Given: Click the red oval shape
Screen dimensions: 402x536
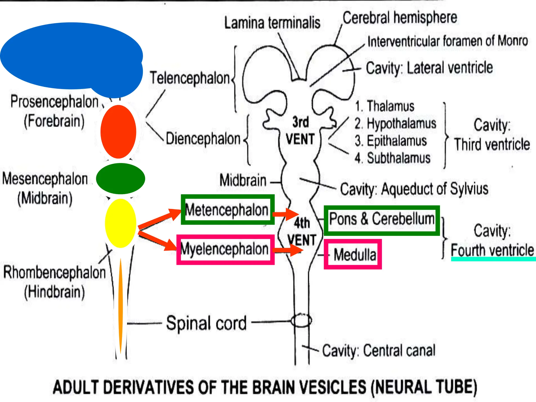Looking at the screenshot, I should point(118,132).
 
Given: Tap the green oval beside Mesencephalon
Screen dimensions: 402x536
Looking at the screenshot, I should point(120,179).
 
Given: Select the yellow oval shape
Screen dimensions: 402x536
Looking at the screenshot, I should point(120,223).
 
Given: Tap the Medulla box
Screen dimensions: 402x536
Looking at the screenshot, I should point(353,254).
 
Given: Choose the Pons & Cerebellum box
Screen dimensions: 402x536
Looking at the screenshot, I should point(382,220).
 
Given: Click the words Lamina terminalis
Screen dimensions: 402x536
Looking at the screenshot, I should point(272,23).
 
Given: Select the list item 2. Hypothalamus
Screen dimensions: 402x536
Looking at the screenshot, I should point(395,123).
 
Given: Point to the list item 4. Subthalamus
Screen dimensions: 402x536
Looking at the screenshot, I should point(393,158).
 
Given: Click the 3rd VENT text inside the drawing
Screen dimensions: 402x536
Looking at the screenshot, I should point(300,130).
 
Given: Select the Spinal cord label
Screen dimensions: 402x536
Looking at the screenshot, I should point(206,323).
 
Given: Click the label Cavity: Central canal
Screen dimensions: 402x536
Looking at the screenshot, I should point(379,350).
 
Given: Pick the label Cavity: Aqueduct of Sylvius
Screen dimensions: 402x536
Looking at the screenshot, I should point(414,189).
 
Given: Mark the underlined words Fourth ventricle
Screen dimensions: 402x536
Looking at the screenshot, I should point(492,250).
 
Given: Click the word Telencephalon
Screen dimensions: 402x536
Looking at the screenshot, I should point(190,78).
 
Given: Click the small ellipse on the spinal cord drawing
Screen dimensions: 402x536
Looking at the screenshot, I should point(301,320).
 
